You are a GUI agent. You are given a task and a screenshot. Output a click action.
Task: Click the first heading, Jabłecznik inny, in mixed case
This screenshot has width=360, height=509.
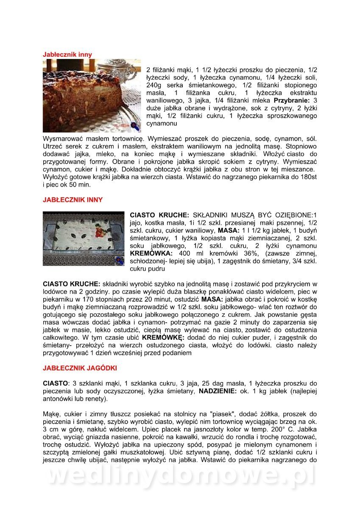point(67,55)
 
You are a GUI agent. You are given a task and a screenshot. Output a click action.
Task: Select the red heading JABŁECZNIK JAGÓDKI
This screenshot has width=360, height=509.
point(80,368)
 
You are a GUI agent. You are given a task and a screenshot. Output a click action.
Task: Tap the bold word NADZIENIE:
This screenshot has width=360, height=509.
point(217,391)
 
